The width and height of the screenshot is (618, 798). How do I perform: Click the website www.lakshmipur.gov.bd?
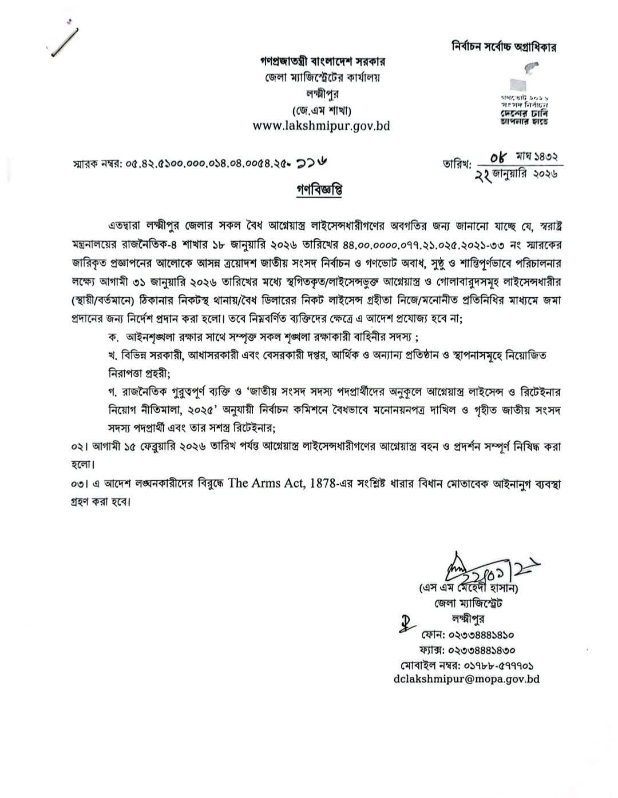click(x=321, y=125)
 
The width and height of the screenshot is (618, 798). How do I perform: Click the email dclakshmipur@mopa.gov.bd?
click(x=467, y=679)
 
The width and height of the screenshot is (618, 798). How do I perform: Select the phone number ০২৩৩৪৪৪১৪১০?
click(x=468, y=635)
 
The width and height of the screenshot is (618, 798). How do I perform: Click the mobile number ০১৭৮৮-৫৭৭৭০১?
click(x=468, y=665)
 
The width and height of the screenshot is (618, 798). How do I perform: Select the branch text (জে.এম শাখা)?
click(x=321, y=109)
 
